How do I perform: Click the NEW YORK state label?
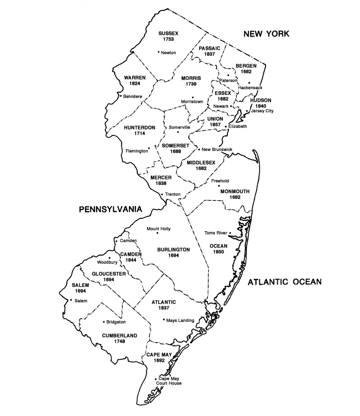click(266, 34)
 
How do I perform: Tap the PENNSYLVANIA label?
click(111, 210)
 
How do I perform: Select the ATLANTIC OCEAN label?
click(284, 282)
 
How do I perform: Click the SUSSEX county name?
click(168, 33)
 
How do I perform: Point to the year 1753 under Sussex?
click(168, 40)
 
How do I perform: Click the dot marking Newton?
click(158, 52)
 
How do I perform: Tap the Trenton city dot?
click(162, 194)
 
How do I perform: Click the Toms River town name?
click(215, 233)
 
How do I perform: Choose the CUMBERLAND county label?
click(119, 336)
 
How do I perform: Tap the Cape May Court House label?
click(170, 380)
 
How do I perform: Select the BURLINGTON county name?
click(173, 249)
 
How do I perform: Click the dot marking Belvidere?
click(120, 96)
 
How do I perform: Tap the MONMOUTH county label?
click(235, 191)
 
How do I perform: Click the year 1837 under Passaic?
click(209, 55)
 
